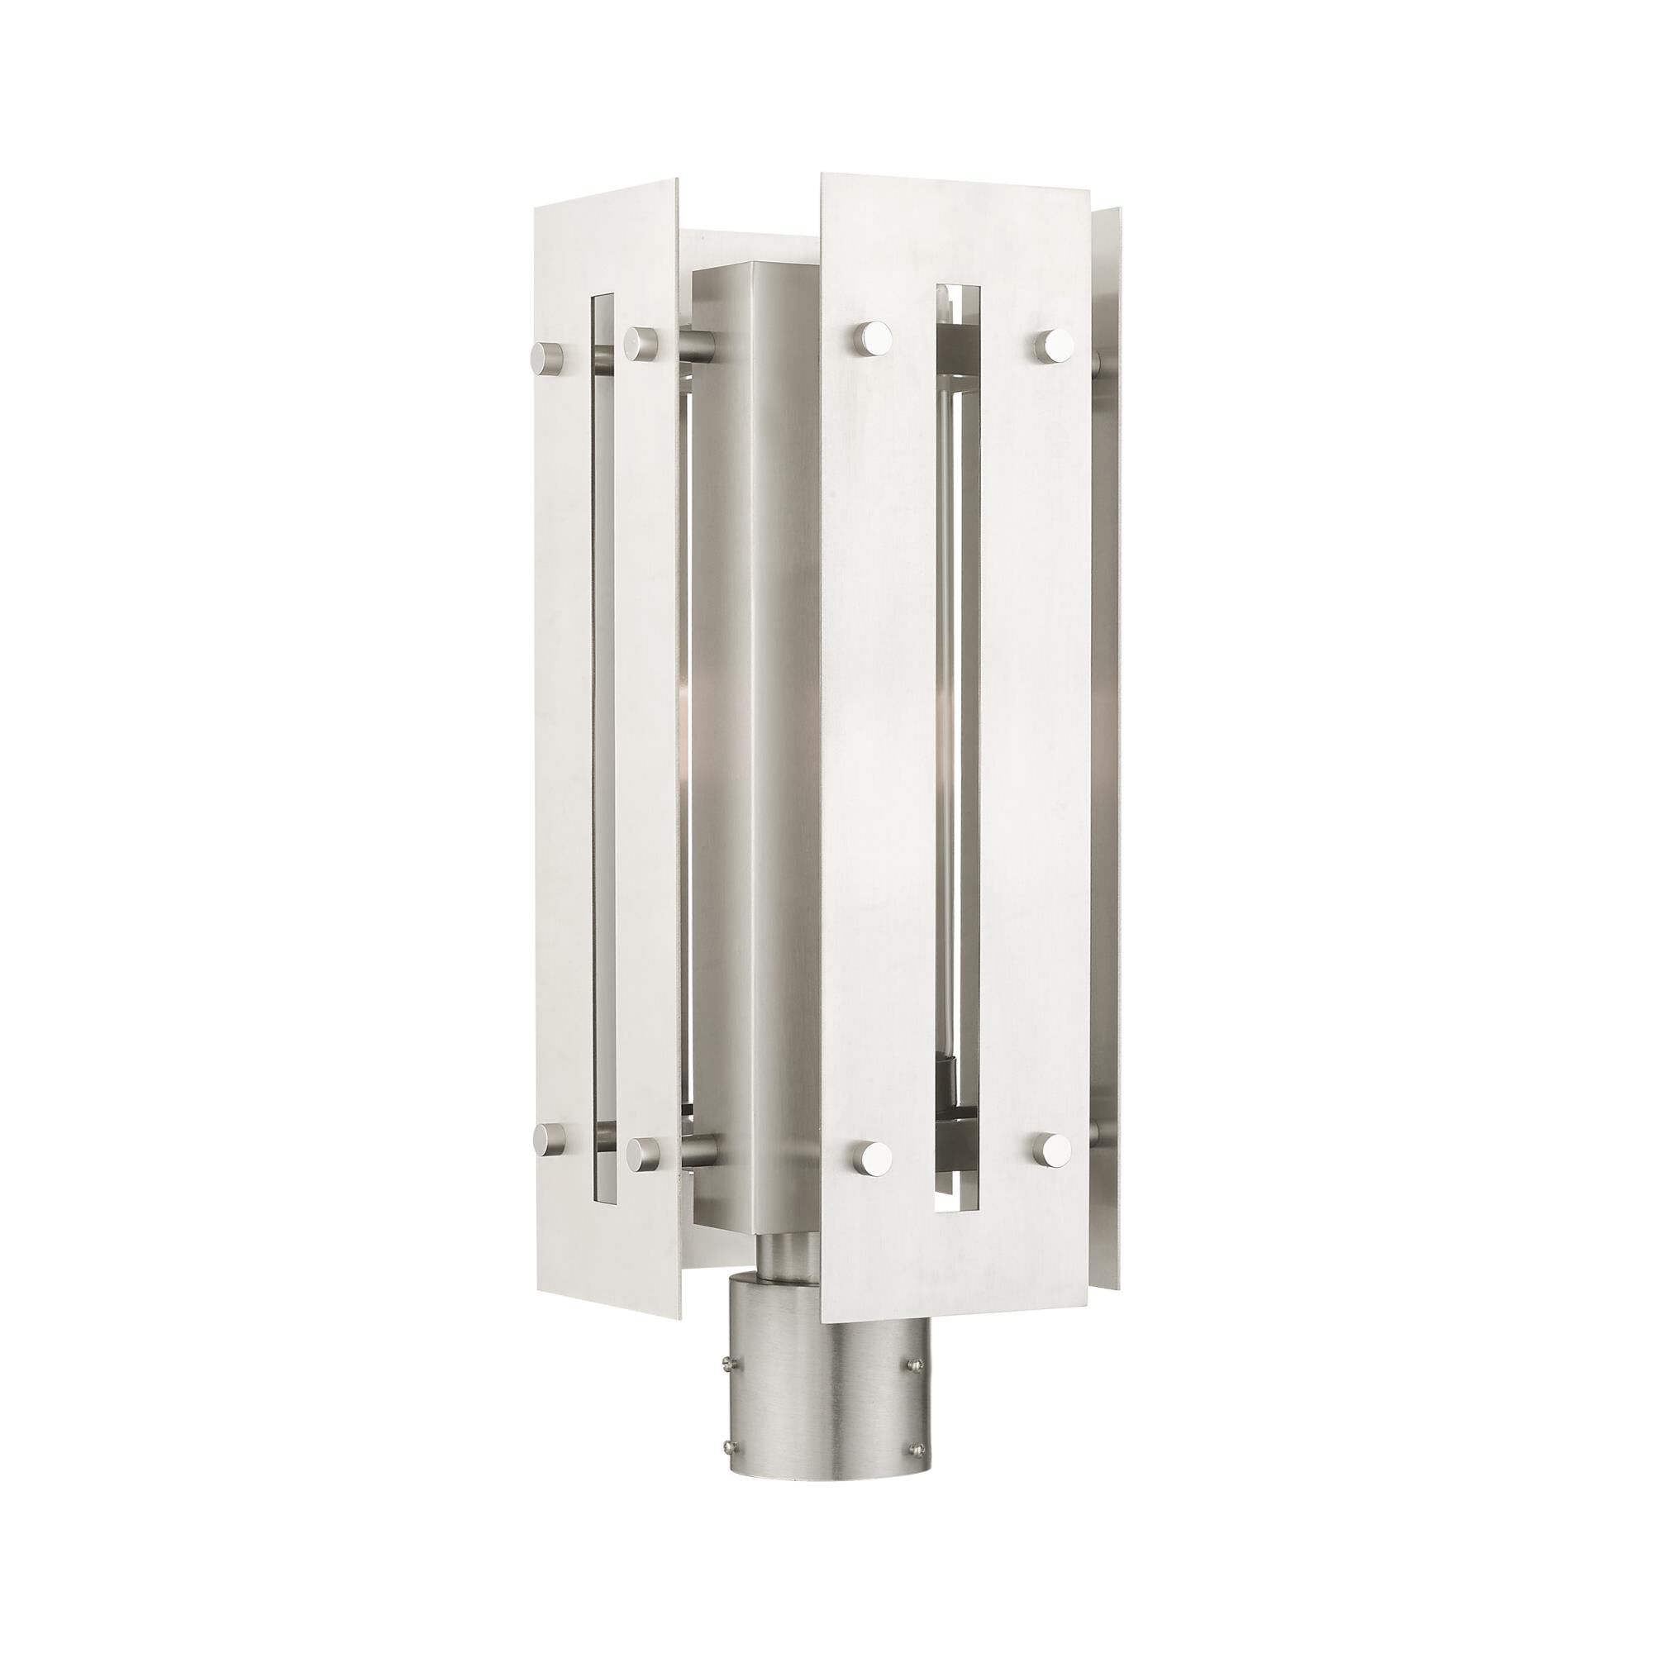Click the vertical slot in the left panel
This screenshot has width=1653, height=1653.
click(603, 745)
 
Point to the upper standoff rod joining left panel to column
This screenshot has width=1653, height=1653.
click(698, 346)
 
